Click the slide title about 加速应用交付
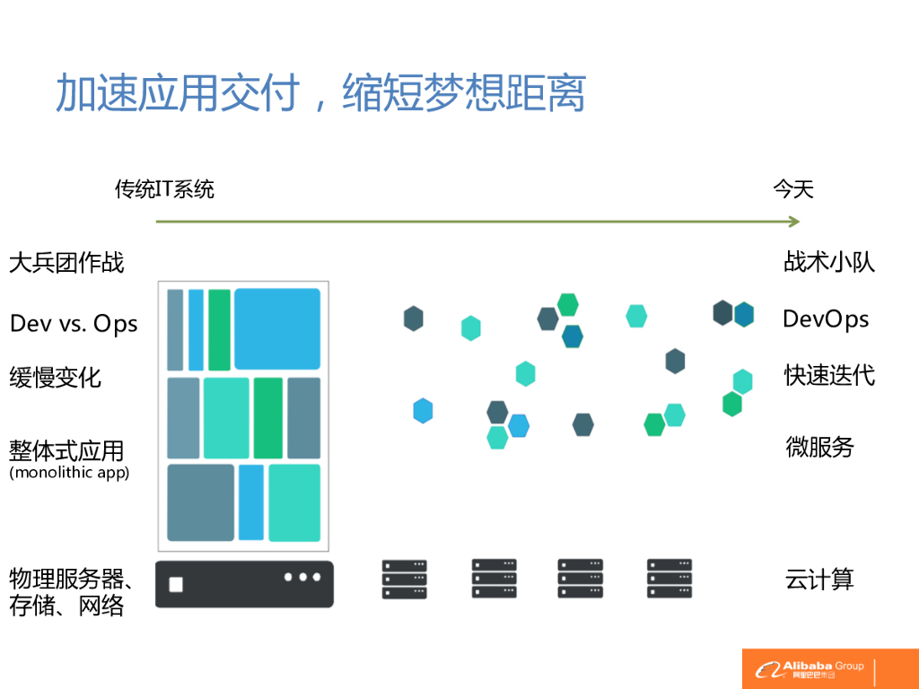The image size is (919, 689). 319,92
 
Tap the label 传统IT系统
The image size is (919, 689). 164,189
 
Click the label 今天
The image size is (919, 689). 793,189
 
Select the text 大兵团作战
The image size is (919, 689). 66,263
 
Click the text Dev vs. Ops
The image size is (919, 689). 74,323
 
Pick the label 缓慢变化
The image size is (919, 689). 56,378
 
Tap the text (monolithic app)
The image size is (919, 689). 69,473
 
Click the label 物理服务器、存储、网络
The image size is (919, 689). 72,592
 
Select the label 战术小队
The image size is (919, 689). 829,262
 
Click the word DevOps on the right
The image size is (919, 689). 826,318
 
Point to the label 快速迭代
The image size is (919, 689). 829,375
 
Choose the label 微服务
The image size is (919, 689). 819,447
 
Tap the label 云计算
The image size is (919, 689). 819,580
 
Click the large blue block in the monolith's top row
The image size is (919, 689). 277,329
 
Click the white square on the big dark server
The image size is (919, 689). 176,585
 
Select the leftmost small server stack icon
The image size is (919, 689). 404,580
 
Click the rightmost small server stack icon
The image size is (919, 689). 670,579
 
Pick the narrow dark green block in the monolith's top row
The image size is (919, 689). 219,329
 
